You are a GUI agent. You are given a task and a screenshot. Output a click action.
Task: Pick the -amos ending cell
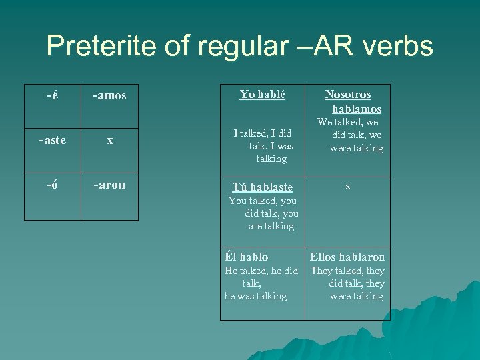pyautogui.click(x=109, y=96)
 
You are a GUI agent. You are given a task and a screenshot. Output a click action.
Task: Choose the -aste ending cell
pyautogui.click(x=52, y=140)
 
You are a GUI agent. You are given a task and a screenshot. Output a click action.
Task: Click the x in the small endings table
pyautogui.click(x=109, y=141)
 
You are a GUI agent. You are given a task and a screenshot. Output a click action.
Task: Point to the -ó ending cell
pyautogui.click(x=52, y=185)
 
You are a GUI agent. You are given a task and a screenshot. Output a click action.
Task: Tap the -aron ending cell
pyautogui.click(x=109, y=185)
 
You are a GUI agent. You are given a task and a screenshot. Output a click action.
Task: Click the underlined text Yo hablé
pyautogui.click(x=262, y=95)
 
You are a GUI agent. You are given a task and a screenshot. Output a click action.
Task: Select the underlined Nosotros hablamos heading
pyautogui.click(x=349, y=101)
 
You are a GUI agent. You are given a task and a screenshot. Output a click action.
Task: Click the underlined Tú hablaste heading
pyautogui.click(x=262, y=187)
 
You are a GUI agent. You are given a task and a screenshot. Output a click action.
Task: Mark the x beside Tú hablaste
pyautogui.click(x=347, y=187)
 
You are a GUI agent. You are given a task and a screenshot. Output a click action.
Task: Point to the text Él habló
pyautogui.click(x=247, y=257)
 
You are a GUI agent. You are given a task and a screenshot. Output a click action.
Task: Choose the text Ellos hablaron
pyautogui.click(x=347, y=257)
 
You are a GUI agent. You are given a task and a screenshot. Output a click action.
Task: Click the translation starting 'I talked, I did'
pyautogui.click(x=263, y=145)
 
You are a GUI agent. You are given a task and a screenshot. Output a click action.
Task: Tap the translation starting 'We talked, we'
pyautogui.click(x=349, y=135)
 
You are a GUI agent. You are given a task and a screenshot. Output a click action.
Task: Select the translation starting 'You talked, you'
pyautogui.click(x=263, y=213)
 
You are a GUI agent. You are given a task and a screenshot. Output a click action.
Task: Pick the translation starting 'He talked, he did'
pyautogui.click(x=261, y=283)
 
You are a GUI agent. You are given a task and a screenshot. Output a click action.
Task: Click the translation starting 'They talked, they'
pyautogui.click(x=347, y=283)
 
